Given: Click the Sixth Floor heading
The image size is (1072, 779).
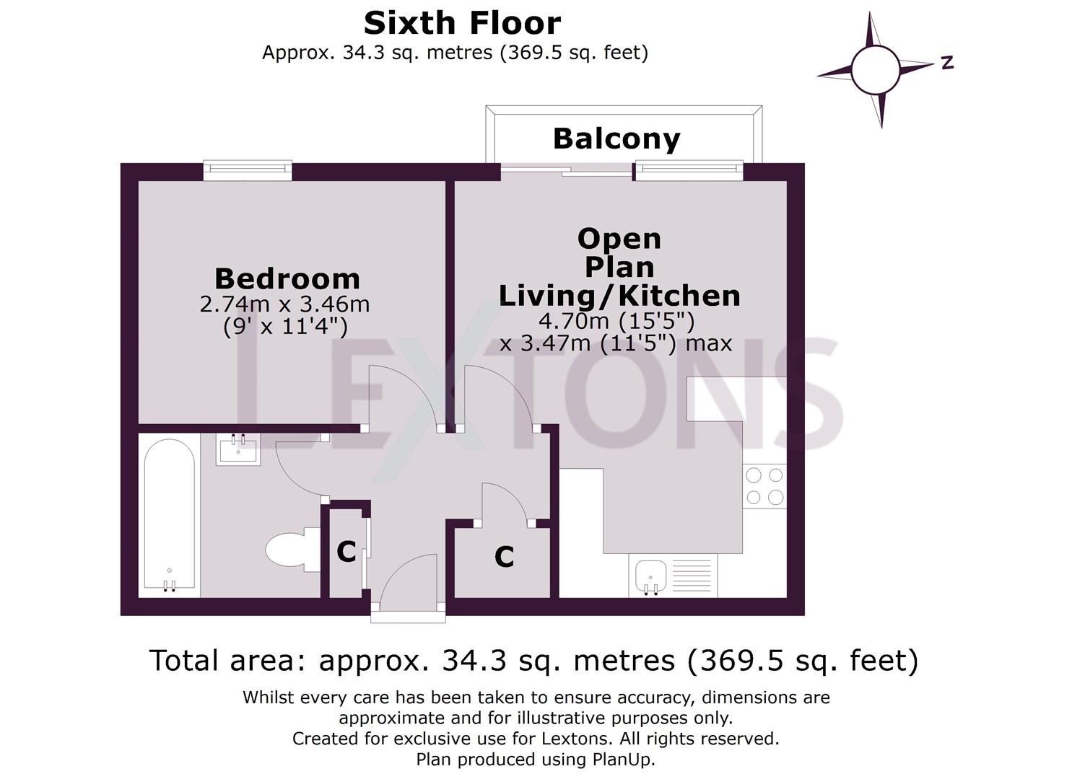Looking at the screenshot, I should coord(462,24).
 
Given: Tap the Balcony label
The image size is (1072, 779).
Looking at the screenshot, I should coord(616,138).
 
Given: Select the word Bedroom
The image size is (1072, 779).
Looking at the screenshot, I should coord(287,279).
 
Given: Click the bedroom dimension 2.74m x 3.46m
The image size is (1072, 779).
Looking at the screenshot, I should coord(284,304).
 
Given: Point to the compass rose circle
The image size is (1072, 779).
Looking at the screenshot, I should coord(875,70).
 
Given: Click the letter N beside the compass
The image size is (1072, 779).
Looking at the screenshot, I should coord(947,63).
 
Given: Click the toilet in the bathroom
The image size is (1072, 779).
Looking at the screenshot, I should coord(289,550).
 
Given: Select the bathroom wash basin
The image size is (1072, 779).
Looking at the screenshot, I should coord(238,450).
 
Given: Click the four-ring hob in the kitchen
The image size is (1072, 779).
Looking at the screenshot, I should coord(764,486).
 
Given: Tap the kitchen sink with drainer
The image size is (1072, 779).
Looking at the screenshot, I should coord(672,576).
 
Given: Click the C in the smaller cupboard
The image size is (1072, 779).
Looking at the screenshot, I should coord(346,552).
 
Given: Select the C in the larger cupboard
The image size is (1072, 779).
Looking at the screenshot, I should coord(504,557).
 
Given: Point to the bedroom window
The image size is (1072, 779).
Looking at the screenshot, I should coord(248,171).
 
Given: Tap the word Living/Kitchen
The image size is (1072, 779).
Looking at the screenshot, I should coord(619,296).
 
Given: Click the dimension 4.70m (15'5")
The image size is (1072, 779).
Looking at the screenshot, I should coord(616,320).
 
